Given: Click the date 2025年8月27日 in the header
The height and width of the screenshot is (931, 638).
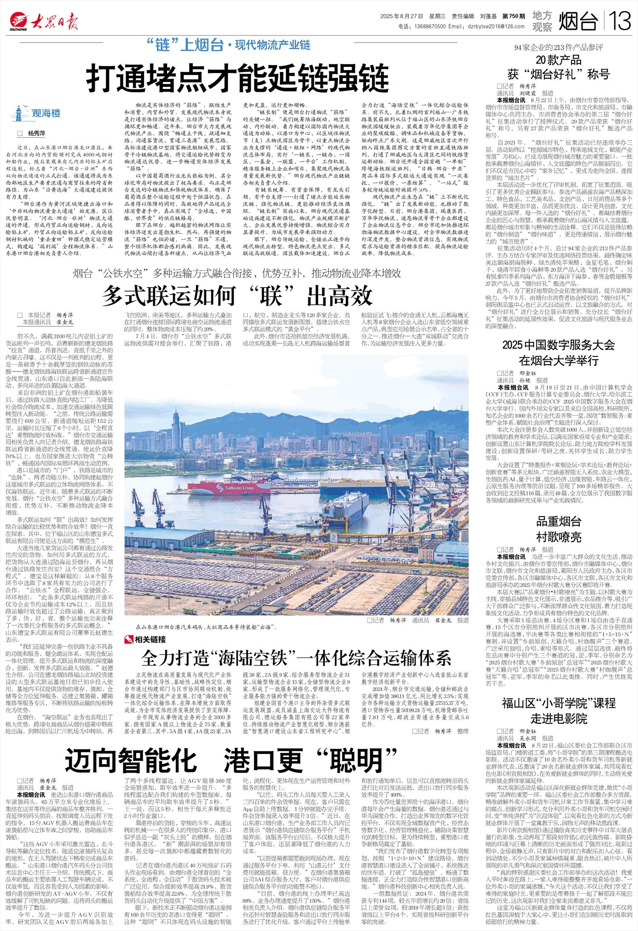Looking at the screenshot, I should click(x=402, y=17).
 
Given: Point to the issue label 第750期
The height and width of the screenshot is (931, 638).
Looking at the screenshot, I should click(x=513, y=17).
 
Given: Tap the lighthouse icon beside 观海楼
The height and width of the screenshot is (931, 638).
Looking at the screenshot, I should click(x=19, y=113).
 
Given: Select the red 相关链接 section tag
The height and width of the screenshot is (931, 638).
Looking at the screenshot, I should click(x=145, y=640).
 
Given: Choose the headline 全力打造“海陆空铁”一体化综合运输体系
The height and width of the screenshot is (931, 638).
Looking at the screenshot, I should click(x=296, y=658).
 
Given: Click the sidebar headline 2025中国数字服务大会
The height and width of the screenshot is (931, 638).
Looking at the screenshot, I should click(x=558, y=345).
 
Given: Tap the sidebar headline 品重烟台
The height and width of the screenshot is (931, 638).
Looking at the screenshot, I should click(x=558, y=521).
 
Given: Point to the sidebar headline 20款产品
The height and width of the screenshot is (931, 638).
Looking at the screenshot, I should click(x=558, y=60).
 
